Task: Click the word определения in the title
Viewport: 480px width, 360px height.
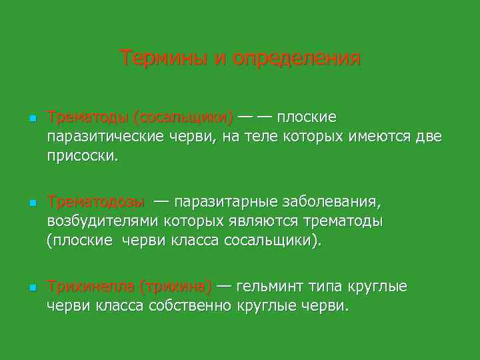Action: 297,59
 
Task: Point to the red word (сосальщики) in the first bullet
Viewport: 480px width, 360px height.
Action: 183,118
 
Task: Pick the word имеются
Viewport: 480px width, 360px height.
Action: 377,137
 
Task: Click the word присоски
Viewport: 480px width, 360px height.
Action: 82,157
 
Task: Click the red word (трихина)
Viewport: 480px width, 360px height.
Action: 175,287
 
